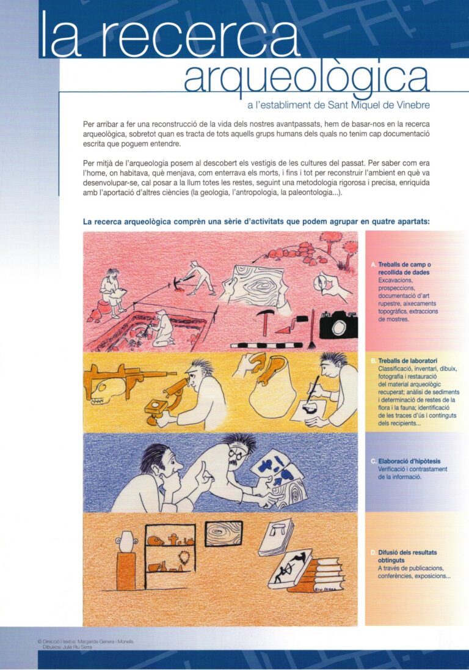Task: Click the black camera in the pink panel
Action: click(338, 324)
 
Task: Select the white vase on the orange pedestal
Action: click(126, 541)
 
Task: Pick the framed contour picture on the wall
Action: click(224, 533)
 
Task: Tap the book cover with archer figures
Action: click(290, 568)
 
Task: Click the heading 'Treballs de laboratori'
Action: click(407, 361)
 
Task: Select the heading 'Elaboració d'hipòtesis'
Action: click(409, 461)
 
